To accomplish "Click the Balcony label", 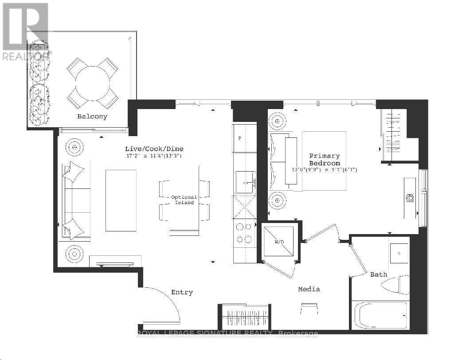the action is [x=92, y=117].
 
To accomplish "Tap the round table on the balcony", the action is [x=93, y=83].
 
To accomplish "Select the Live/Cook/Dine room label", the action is [x=154, y=149].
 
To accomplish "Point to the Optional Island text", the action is [x=184, y=200].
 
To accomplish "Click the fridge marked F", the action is [x=245, y=138].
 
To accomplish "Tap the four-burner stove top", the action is [x=244, y=233].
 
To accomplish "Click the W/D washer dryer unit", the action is [x=278, y=242].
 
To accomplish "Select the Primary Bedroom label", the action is [x=325, y=160].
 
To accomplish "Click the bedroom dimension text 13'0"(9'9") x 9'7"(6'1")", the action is [x=325, y=170].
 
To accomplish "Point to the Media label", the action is [x=309, y=289].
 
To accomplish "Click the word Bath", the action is [x=379, y=274].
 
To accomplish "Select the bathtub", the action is [x=380, y=315].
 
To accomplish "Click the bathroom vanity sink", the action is [x=399, y=254].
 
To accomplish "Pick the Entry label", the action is [x=182, y=292].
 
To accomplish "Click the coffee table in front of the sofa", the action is [x=121, y=201].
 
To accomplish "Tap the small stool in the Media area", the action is [x=309, y=309].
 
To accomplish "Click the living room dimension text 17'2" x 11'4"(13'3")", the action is [x=154, y=156].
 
